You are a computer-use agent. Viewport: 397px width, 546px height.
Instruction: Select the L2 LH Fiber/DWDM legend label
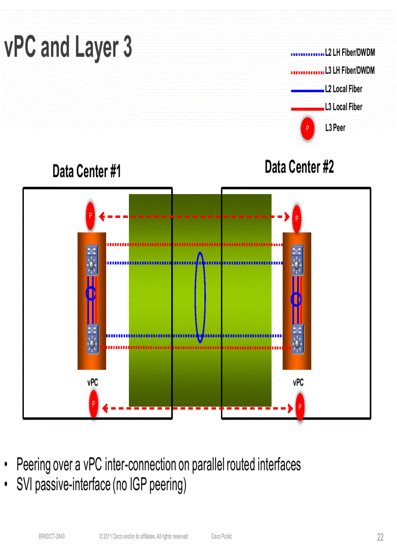350,53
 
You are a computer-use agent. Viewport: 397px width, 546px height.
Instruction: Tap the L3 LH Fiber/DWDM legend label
350,71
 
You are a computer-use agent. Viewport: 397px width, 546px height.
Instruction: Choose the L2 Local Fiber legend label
343,89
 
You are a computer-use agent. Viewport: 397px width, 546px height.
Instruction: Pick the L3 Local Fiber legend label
343,107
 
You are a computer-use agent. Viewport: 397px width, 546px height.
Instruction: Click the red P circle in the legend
307,128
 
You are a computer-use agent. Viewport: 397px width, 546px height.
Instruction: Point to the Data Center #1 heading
87,172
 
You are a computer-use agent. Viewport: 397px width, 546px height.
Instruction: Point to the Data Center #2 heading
299,167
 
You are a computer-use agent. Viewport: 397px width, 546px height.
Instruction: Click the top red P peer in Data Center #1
90,216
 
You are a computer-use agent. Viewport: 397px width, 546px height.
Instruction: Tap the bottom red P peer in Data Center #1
93,405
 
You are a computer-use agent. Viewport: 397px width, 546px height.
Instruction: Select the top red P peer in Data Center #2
296,218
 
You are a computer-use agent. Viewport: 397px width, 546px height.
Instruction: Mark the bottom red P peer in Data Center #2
300,406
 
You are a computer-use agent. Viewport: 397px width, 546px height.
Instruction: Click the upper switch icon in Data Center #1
91,260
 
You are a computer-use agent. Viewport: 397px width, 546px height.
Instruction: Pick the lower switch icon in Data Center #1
91,338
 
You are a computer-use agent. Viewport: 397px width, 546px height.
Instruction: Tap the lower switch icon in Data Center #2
297,338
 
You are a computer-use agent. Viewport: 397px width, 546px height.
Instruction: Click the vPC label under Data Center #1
92,383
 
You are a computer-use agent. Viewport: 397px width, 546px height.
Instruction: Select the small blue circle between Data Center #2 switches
296,299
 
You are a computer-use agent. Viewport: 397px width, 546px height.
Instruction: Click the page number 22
380,537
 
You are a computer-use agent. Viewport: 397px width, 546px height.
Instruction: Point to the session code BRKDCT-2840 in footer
52,537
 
